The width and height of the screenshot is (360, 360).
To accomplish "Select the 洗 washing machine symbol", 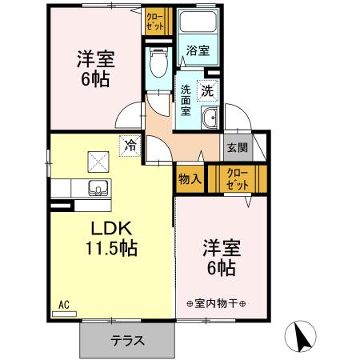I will tap(207, 91).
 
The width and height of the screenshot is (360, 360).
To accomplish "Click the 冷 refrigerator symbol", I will tap(129, 146).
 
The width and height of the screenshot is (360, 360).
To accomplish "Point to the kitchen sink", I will tap(100, 190).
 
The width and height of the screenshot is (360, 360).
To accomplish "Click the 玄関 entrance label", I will tap(236, 148).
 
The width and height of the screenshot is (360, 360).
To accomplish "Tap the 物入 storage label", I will tap(190, 178).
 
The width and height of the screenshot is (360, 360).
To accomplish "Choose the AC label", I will tap(64, 304).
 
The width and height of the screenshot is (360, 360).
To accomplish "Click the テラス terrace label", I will tap(127, 340).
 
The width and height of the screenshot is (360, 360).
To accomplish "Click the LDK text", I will tap(110, 227).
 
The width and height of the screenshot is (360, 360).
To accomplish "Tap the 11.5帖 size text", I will tap(111, 247).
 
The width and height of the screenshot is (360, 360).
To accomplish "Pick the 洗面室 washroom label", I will tap(185, 100).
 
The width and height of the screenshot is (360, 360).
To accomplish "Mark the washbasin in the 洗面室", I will tap(210, 121).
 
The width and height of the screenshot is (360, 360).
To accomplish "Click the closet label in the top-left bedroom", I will tap(154, 20).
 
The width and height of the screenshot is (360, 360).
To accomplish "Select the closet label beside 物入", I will tap(238, 178).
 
